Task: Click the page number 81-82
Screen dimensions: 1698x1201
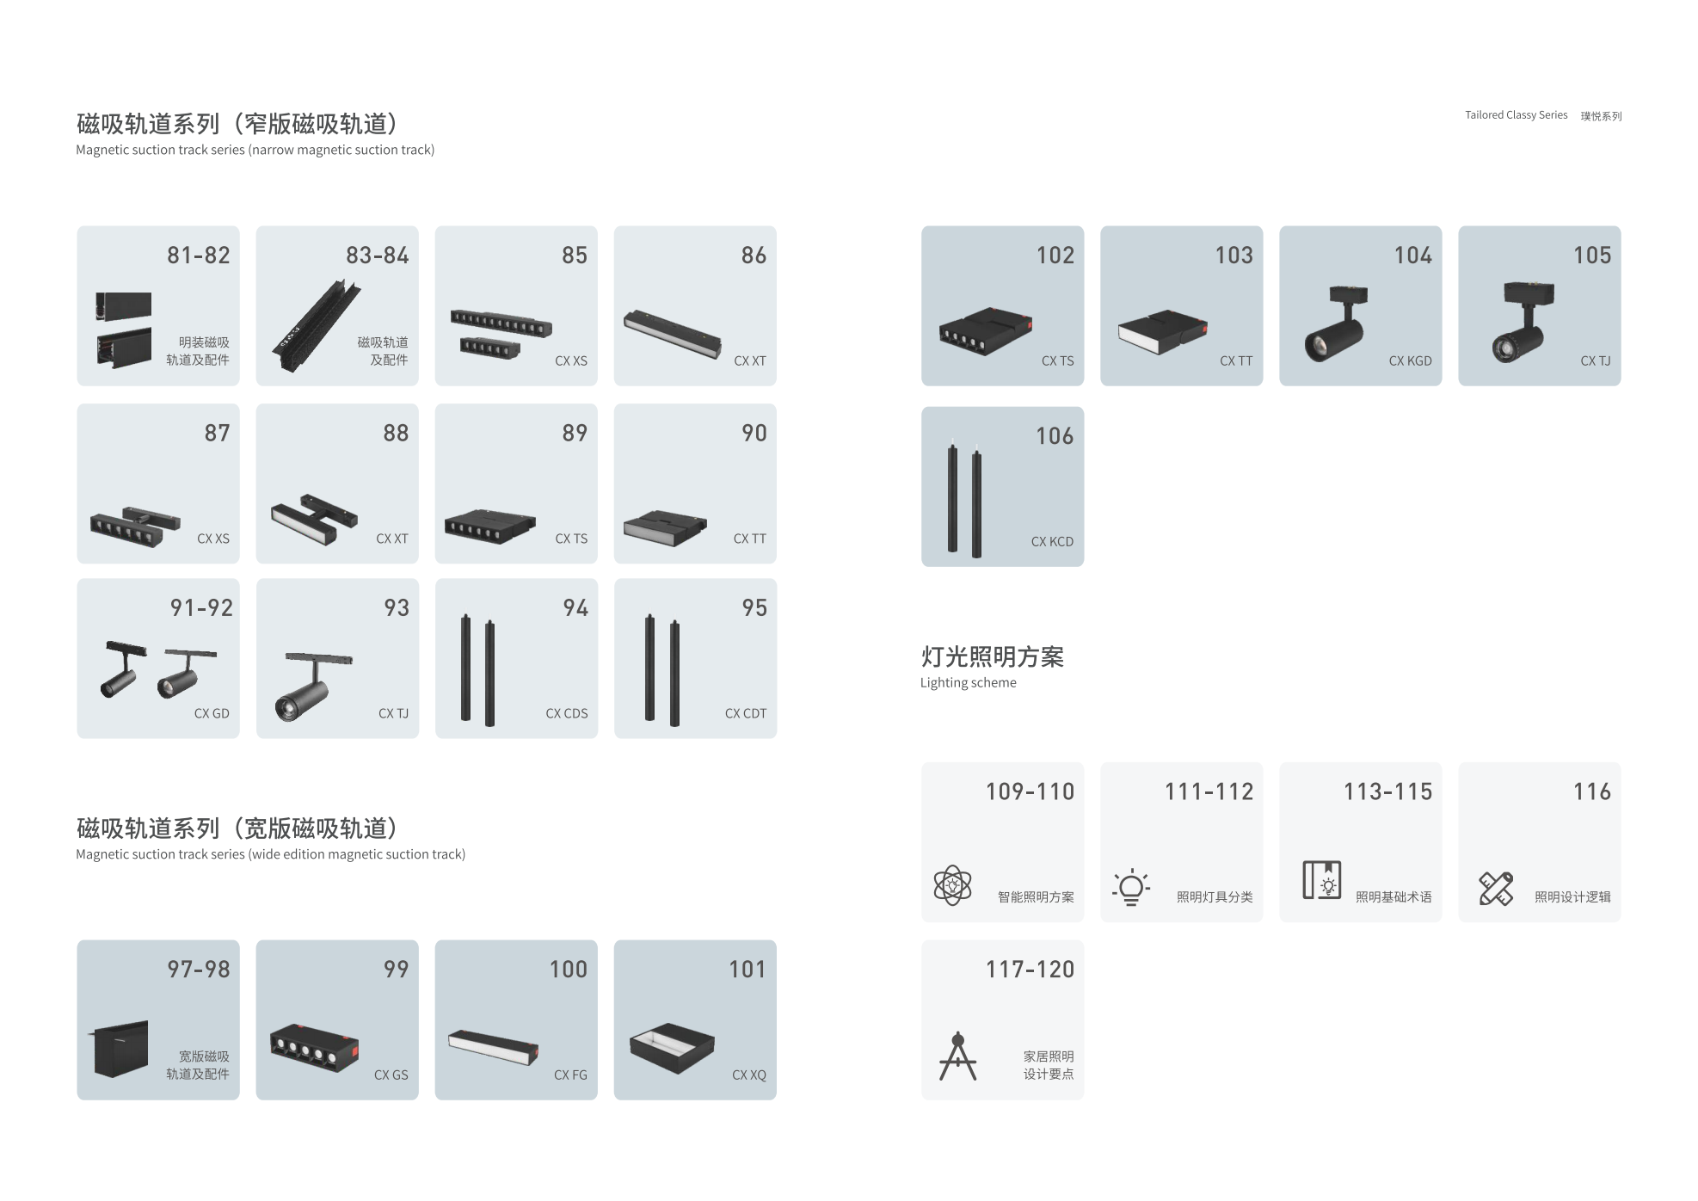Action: click(x=199, y=256)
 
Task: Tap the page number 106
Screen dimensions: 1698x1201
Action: click(x=1055, y=436)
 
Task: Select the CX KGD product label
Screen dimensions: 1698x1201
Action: click(x=1410, y=361)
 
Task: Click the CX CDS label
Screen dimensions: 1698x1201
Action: click(x=567, y=713)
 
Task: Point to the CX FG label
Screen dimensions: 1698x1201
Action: click(x=570, y=1075)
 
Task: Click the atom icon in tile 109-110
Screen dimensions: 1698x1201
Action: click(x=952, y=885)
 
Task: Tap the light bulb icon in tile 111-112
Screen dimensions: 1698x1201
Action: click(x=1131, y=887)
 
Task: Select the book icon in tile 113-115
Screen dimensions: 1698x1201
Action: click(x=1322, y=880)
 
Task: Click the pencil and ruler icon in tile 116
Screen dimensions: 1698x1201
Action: click(x=1496, y=888)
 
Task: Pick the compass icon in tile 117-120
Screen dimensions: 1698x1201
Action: click(x=958, y=1056)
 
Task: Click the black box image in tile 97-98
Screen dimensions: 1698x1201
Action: click(x=120, y=1049)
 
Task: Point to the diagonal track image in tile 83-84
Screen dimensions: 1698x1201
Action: click(x=317, y=325)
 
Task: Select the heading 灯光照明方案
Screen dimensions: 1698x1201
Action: click(x=993, y=656)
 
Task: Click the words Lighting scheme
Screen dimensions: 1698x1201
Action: click(x=969, y=683)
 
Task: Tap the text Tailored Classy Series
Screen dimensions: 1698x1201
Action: click(x=1517, y=115)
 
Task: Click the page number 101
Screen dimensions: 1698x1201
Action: click(x=747, y=970)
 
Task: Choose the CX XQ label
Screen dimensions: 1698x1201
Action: click(x=749, y=1075)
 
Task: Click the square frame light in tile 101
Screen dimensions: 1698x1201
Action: click(x=672, y=1048)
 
